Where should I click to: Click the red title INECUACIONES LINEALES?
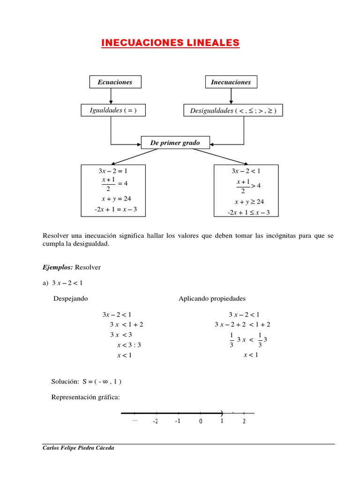pyautogui.click(x=171, y=43)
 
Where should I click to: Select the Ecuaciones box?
pyautogui.click(x=115, y=82)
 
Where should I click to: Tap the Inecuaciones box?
pyautogui.click(x=231, y=82)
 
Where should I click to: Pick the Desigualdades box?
pyautogui.click(x=233, y=111)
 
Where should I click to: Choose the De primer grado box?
pyautogui.click(x=175, y=142)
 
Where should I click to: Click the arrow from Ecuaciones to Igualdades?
pyautogui.click(x=111, y=96)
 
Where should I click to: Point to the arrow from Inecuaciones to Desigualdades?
pyautogui.click(x=230, y=96)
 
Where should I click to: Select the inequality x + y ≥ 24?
pyautogui.click(x=249, y=202)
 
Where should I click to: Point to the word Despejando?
pyautogui.click(x=71, y=299)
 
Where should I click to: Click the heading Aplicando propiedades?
pyautogui.click(x=212, y=299)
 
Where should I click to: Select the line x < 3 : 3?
pyautogui.click(x=129, y=345)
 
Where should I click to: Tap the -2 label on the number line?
pyautogui.click(x=155, y=421)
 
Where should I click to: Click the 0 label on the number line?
pyautogui.click(x=201, y=421)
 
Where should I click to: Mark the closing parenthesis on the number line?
pyautogui.click(x=221, y=413)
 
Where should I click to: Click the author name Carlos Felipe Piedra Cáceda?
pyautogui.click(x=78, y=448)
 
